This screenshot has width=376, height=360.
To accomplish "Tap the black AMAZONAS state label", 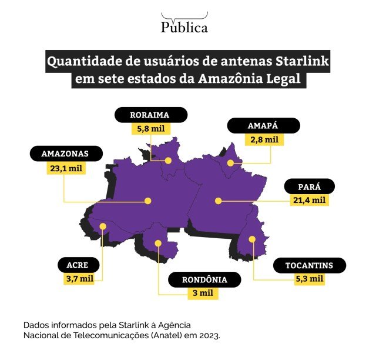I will pos(65,154).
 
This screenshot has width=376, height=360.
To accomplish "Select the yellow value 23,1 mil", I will pos(65,168).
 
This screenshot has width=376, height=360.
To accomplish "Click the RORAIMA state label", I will pos(150,115).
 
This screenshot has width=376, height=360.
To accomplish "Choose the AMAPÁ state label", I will pos(263,126).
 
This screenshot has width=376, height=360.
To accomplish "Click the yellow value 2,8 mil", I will pos(263,140).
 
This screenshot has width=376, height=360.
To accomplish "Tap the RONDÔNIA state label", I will pos(204,279).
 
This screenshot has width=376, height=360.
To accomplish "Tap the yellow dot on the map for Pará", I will pos(218,201).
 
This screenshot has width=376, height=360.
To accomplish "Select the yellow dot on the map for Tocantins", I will pos(252,239).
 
